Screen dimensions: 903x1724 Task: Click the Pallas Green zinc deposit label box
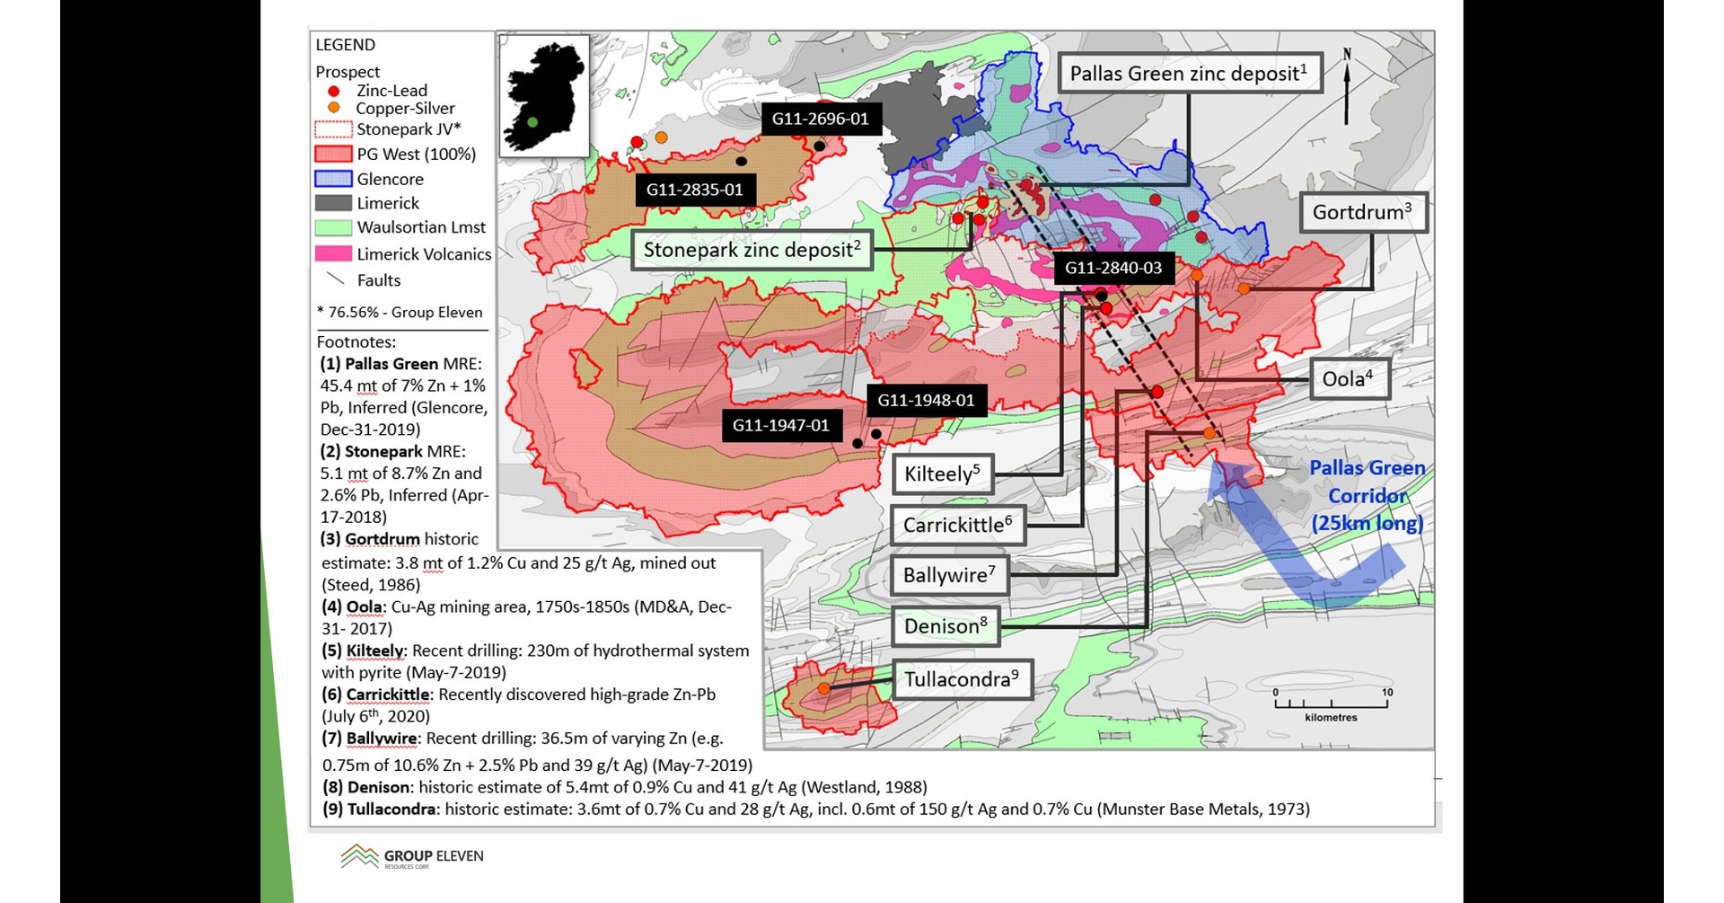1189,74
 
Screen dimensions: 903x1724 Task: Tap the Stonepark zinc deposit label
752,250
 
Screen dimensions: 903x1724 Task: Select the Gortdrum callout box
1362,213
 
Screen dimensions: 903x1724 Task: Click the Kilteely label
942,474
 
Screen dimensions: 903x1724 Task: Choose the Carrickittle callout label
957,525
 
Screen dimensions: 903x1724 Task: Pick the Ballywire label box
949,575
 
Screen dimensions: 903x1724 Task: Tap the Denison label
946,626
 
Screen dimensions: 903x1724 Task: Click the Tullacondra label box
961,679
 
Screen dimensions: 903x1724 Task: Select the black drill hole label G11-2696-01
821,119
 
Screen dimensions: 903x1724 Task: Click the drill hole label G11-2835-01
695,190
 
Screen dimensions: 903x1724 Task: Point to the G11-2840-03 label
1113,268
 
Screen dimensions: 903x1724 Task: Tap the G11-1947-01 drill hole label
781,425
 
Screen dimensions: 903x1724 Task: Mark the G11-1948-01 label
926,400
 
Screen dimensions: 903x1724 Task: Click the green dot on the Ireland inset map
532,122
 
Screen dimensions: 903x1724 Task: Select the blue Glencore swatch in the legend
332,179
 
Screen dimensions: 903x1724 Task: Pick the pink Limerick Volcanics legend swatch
332,254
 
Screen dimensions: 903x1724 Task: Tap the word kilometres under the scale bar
1331,717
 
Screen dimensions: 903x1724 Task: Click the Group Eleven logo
412,856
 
